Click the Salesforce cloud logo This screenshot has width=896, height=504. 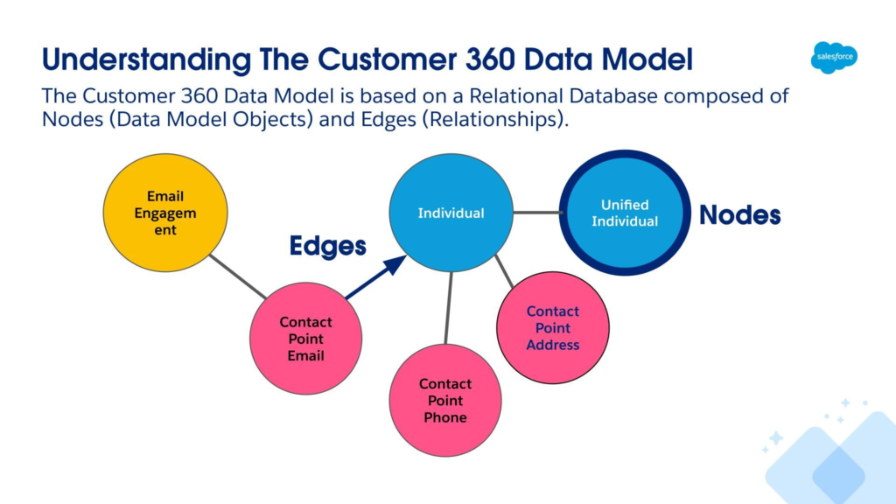(x=834, y=57)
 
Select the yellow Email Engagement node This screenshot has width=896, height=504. (x=165, y=213)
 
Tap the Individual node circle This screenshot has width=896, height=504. (x=451, y=213)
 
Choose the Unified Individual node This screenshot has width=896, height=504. (x=625, y=213)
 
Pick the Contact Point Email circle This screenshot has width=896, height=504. (x=305, y=339)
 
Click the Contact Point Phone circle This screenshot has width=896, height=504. (x=445, y=400)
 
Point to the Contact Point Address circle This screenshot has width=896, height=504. (x=553, y=327)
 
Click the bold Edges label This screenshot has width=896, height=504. (x=327, y=246)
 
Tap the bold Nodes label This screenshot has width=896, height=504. (x=740, y=215)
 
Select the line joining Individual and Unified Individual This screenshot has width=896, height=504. (x=537, y=213)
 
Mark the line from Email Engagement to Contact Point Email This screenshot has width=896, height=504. (x=238, y=276)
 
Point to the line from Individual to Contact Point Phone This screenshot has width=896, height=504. (x=449, y=308)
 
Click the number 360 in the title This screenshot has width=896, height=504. (x=490, y=59)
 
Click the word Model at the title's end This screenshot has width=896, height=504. (x=647, y=59)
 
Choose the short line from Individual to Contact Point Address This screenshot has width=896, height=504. (x=504, y=271)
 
